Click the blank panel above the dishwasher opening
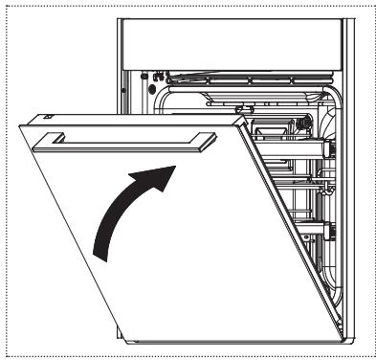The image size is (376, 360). (230, 42)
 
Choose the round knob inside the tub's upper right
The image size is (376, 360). (302, 123)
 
